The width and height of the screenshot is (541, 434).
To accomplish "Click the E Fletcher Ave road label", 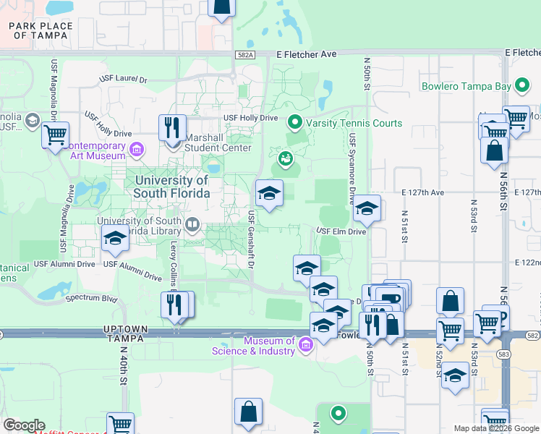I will [x=307, y=54].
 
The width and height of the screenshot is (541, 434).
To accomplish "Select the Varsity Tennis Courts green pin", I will [x=294, y=122].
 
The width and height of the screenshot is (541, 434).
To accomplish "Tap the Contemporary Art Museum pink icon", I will [x=137, y=152].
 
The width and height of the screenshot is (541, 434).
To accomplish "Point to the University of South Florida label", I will [x=171, y=187].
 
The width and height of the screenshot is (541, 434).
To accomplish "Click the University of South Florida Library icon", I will [x=192, y=224].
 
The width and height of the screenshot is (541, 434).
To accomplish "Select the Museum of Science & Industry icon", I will [x=305, y=345].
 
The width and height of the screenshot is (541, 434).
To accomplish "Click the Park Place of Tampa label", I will [x=41, y=30].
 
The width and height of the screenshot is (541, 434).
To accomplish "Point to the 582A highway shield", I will [x=245, y=54].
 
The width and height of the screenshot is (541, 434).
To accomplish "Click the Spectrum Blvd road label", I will [x=91, y=297].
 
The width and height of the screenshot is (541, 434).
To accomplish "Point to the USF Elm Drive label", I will [x=340, y=231].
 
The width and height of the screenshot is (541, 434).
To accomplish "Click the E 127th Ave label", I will [x=422, y=193].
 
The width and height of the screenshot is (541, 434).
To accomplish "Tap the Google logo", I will [x=23, y=425].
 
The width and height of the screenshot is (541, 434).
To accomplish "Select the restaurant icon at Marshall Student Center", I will [x=172, y=128].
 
